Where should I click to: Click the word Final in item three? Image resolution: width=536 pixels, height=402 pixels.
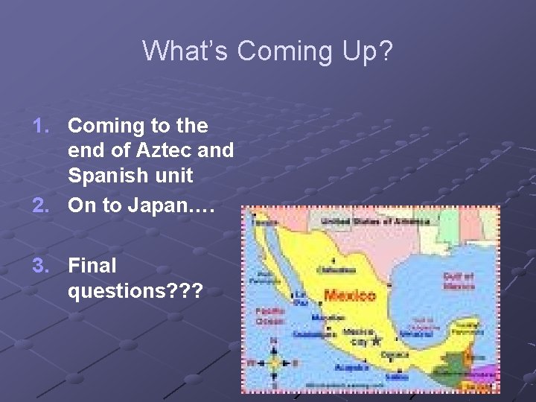(92, 264)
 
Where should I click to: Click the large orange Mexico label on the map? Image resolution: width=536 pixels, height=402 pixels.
(350, 296)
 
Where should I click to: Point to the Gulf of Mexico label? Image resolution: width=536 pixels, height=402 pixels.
(459, 281)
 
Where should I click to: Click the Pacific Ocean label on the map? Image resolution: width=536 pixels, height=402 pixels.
(269, 316)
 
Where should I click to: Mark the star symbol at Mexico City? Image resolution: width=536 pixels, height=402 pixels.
(377, 340)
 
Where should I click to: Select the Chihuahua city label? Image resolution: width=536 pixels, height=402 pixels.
(332, 269)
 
